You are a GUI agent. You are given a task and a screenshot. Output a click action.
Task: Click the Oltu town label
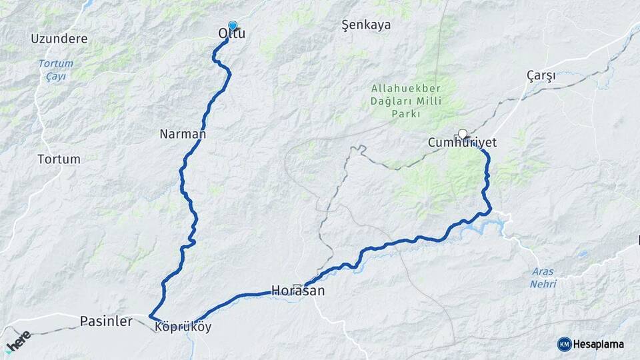pyautogui.click(x=232, y=33)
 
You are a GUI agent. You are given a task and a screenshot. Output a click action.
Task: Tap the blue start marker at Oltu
pyautogui.click(x=233, y=25)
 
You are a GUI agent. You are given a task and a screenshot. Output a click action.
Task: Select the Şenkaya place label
pyautogui.click(x=366, y=25)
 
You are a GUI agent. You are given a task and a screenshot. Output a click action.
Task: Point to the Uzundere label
pyautogui.click(x=59, y=39)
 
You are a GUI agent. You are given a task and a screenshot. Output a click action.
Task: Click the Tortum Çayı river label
pyautogui.click(x=55, y=70)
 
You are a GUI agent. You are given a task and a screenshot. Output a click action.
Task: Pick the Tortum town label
pyautogui.click(x=59, y=159)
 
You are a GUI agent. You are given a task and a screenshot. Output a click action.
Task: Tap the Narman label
pyautogui.click(x=183, y=134)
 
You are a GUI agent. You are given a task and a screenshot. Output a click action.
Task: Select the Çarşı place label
pyautogui.click(x=541, y=75)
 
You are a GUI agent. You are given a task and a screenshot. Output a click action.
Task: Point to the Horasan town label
pyautogui.click(x=298, y=291)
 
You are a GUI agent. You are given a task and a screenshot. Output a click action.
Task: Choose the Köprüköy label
pyautogui.click(x=183, y=327)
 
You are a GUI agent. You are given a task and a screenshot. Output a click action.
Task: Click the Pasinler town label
pyautogui.click(x=106, y=321)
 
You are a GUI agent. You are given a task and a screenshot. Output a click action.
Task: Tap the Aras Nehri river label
pyautogui.click(x=543, y=277)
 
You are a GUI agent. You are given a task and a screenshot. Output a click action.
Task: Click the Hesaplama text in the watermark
pyautogui.click(x=599, y=344)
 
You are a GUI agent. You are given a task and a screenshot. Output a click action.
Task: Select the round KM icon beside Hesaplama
pyautogui.click(x=564, y=344)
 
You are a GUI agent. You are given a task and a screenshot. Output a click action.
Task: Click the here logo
pyautogui.click(x=18, y=342)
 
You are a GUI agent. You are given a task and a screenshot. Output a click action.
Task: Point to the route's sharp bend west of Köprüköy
pyautogui.click(x=151, y=316)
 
